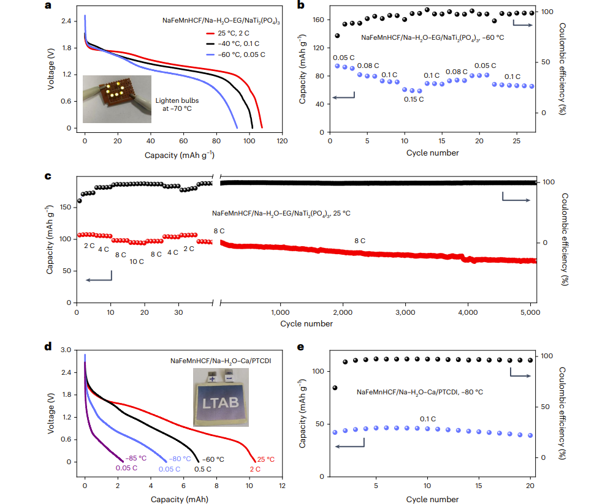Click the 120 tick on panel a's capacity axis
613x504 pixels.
tap(281, 140)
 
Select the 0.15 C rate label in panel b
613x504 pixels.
tap(413, 99)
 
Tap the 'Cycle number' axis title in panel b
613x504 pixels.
tap(432, 152)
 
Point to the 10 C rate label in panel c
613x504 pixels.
tap(136, 261)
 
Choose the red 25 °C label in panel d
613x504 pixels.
tap(265, 459)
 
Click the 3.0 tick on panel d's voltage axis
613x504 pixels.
tap(65, 350)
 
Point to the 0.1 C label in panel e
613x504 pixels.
tap(428, 419)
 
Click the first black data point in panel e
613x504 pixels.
tap(335, 388)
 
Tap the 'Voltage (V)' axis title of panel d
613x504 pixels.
tap(51, 406)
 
